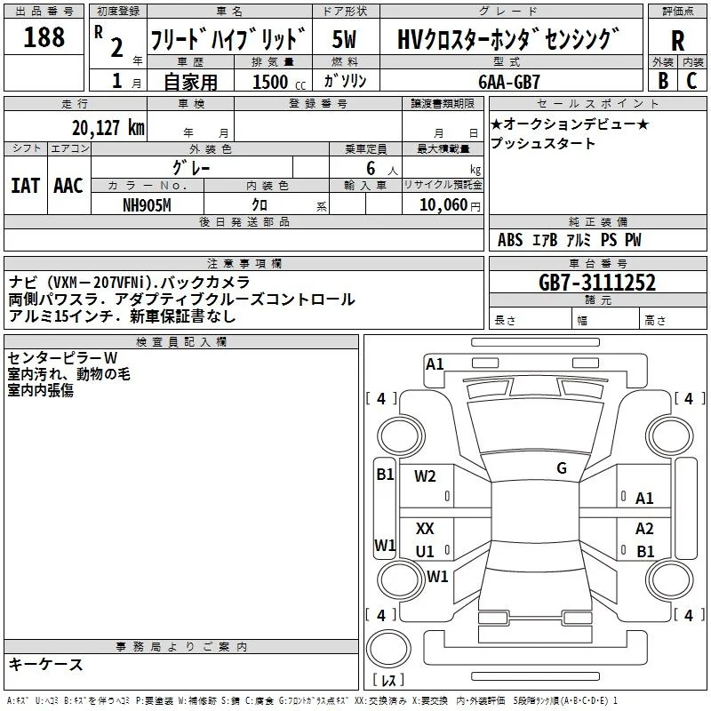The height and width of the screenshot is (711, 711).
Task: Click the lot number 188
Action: (x=44, y=37)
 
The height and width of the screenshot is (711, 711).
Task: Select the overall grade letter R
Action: (x=678, y=41)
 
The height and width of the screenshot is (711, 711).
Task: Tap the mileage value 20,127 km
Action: (x=108, y=128)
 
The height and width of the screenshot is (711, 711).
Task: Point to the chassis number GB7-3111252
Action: (x=596, y=283)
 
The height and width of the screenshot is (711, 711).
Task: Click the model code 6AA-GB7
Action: (x=509, y=82)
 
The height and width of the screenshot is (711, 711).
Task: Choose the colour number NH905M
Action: (x=147, y=205)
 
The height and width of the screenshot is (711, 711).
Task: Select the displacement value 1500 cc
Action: (x=279, y=82)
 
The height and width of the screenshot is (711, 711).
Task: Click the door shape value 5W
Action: (x=344, y=39)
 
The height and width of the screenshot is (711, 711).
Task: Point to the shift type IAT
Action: (x=26, y=186)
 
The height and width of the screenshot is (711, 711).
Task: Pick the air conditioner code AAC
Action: (x=68, y=186)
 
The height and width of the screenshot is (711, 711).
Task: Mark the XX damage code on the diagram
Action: (x=425, y=528)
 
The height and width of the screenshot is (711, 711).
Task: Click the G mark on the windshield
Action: (x=562, y=468)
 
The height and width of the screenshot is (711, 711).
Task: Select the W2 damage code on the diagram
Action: (x=425, y=476)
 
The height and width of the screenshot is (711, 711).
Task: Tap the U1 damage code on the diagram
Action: (x=425, y=551)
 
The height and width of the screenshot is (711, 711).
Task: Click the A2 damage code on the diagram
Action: (x=644, y=528)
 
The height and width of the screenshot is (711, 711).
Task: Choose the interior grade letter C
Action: (x=691, y=81)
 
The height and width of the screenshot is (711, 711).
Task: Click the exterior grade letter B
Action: (x=663, y=81)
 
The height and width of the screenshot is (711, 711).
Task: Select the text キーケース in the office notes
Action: (x=46, y=665)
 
